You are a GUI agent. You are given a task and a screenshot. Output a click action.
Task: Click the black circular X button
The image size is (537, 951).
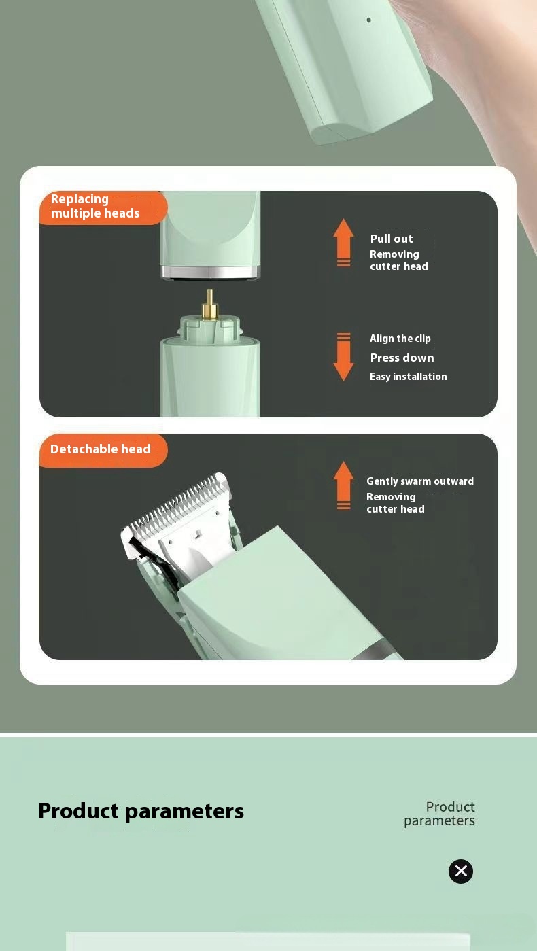[x=460, y=871]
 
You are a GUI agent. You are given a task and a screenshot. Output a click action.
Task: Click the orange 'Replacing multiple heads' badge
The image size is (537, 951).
[x=103, y=207]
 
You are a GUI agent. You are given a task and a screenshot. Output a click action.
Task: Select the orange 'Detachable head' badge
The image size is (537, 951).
[x=103, y=449]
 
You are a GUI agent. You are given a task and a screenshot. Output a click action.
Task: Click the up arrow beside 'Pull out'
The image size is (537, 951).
[x=343, y=241]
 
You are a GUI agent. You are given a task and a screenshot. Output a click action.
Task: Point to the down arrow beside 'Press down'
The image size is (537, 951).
[x=343, y=358]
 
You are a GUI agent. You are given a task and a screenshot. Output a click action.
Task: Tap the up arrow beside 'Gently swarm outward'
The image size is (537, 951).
[x=343, y=484]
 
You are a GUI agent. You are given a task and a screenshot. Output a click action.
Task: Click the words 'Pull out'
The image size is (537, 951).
[x=392, y=239]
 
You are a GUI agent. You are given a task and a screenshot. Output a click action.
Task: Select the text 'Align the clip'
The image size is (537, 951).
[x=400, y=339]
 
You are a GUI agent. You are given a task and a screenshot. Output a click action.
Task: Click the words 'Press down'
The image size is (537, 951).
[x=402, y=358]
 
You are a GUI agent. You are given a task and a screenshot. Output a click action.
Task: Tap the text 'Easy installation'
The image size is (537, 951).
[x=408, y=377]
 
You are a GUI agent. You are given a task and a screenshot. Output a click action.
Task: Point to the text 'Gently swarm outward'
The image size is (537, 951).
[x=419, y=481]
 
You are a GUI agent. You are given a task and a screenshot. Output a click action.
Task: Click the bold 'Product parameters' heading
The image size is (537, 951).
[x=141, y=811]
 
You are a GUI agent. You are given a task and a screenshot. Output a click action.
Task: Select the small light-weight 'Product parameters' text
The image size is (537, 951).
[x=440, y=814]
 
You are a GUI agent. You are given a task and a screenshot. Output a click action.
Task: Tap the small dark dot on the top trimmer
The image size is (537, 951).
[x=369, y=20]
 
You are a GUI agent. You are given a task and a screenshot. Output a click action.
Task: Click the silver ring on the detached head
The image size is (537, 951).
[x=210, y=273]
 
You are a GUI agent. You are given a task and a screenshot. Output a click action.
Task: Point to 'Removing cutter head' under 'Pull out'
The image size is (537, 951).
[x=398, y=260]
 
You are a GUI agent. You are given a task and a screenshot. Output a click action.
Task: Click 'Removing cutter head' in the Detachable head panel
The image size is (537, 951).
[x=395, y=503]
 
